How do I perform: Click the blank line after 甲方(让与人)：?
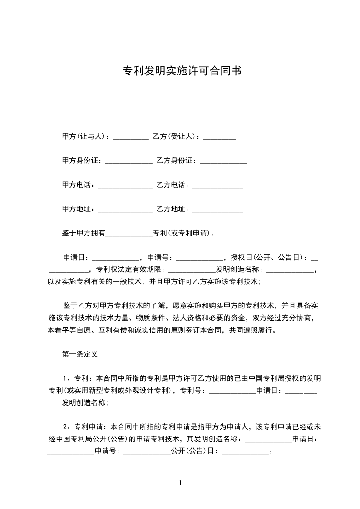click(130, 137)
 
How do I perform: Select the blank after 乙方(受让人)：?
click(219, 137)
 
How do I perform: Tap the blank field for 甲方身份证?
click(128, 161)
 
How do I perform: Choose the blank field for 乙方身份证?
click(223, 161)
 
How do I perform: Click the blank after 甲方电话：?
click(125, 186)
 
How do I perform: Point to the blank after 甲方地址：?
click(125, 210)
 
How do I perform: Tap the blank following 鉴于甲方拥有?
click(128, 234)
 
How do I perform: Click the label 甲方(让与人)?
click(84, 137)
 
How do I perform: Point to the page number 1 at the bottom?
click(180, 484)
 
